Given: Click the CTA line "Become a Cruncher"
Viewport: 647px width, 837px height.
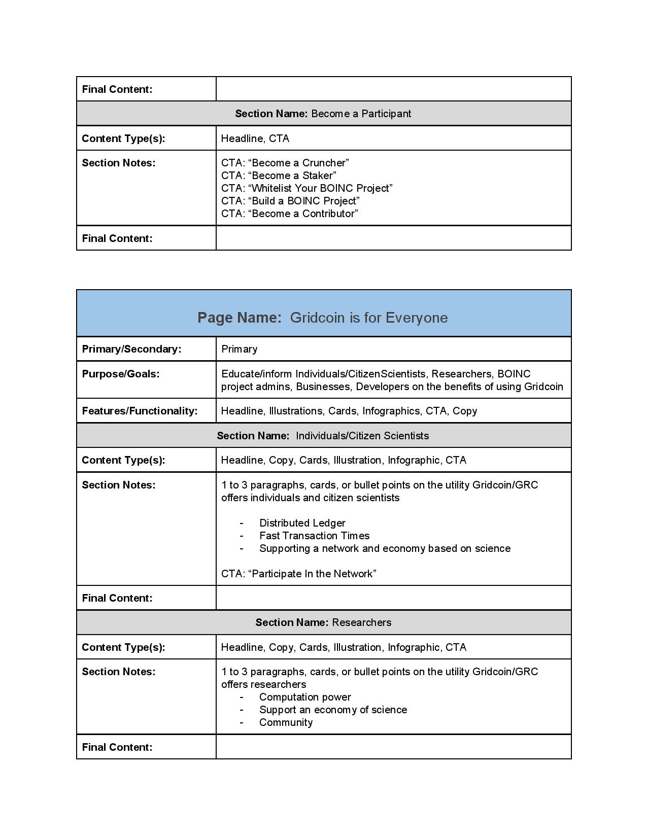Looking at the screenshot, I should (x=285, y=163).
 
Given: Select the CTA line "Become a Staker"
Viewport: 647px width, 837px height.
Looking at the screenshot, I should (x=279, y=176).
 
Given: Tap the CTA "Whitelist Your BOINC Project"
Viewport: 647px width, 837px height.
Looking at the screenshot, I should (x=307, y=188).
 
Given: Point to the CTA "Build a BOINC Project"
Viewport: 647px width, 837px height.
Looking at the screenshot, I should (x=290, y=201).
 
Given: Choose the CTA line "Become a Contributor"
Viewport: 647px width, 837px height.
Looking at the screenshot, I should (x=289, y=214).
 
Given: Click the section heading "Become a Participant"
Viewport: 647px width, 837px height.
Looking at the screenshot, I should (x=323, y=114).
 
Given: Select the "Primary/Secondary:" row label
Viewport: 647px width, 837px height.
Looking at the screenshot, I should (x=131, y=349).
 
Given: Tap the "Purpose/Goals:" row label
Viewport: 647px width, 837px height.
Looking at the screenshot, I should (x=121, y=374).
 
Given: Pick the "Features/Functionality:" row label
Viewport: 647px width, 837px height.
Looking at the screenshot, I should (x=140, y=411).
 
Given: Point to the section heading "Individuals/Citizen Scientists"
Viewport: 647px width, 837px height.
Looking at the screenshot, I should (x=323, y=436).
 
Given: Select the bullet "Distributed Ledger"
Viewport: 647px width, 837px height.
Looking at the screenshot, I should (x=302, y=523).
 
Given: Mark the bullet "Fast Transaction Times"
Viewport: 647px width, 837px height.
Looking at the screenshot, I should (x=314, y=536).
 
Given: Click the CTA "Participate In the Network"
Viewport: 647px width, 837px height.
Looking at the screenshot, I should (x=298, y=574).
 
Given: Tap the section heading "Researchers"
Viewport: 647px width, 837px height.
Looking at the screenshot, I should (x=323, y=622).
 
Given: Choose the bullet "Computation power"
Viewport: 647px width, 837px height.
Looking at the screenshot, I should (x=305, y=697).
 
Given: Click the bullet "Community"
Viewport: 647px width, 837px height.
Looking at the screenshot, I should (x=286, y=722).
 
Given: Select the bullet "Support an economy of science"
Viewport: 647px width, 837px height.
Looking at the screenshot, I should (x=333, y=710).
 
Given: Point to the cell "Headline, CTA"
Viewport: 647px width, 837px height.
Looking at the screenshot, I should (x=255, y=138).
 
